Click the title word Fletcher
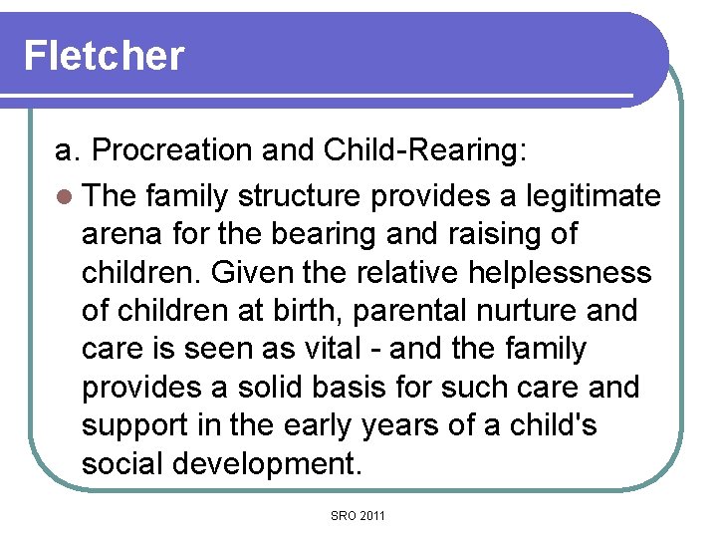(x=104, y=55)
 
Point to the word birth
(x=298, y=311)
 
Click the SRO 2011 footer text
(x=358, y=515)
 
